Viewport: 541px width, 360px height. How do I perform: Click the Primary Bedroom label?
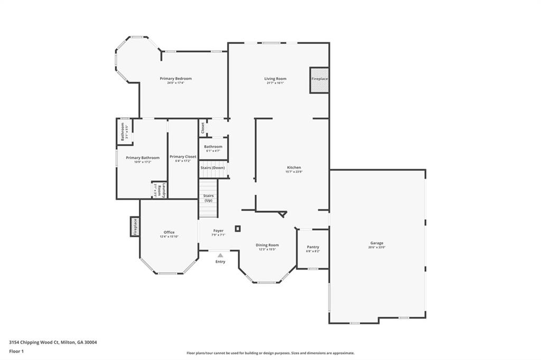point(175,79)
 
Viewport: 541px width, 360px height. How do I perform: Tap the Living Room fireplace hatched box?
point(319,80)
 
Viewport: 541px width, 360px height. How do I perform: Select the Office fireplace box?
point(135,227)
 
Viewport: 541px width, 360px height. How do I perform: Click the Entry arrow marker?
point(220,255)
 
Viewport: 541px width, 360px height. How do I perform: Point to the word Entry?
point(220,262)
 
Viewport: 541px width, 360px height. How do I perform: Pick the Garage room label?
point(377,243)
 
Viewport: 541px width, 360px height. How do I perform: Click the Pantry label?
point(313,247)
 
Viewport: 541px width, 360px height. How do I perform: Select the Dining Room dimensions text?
point(267,250)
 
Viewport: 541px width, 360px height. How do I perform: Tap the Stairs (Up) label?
point(208,198)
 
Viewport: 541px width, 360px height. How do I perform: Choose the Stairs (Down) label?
point(213,168)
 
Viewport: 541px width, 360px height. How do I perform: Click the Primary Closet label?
point(183,157)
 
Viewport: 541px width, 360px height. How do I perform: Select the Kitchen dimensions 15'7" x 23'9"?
point(293,172)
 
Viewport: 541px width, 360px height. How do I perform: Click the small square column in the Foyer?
point(238,229)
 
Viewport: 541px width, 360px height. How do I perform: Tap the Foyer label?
point(218,231)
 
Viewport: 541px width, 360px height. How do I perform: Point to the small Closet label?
point(202,128)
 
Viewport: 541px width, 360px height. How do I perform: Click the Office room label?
point(169,232)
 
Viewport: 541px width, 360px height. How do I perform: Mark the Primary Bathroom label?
point(142,158)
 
